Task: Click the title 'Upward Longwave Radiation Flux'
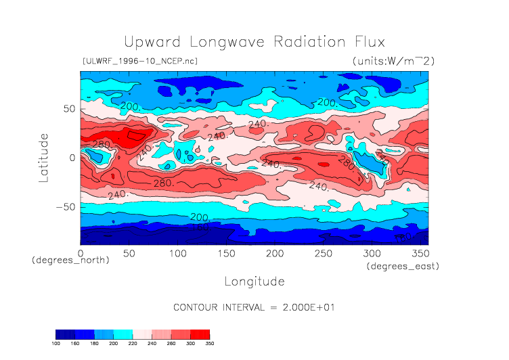(254, 41)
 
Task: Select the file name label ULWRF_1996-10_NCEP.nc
(139, 61)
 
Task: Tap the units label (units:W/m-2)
(393, 61)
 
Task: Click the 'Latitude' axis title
(43, 156)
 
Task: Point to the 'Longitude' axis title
(254, 281)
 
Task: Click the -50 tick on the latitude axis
(66, 206)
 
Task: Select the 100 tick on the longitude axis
(177, 252)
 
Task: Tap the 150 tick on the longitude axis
(226, 252)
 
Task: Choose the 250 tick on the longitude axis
(323, 252)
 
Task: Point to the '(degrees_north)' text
(70, 260)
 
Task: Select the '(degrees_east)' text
(403, 267)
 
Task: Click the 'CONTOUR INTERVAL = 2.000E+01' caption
(254, 307)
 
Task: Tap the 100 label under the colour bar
(56, 343)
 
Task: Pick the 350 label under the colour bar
(209, 343)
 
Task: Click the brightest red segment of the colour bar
(200, 334)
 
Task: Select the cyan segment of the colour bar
(123, 334)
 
